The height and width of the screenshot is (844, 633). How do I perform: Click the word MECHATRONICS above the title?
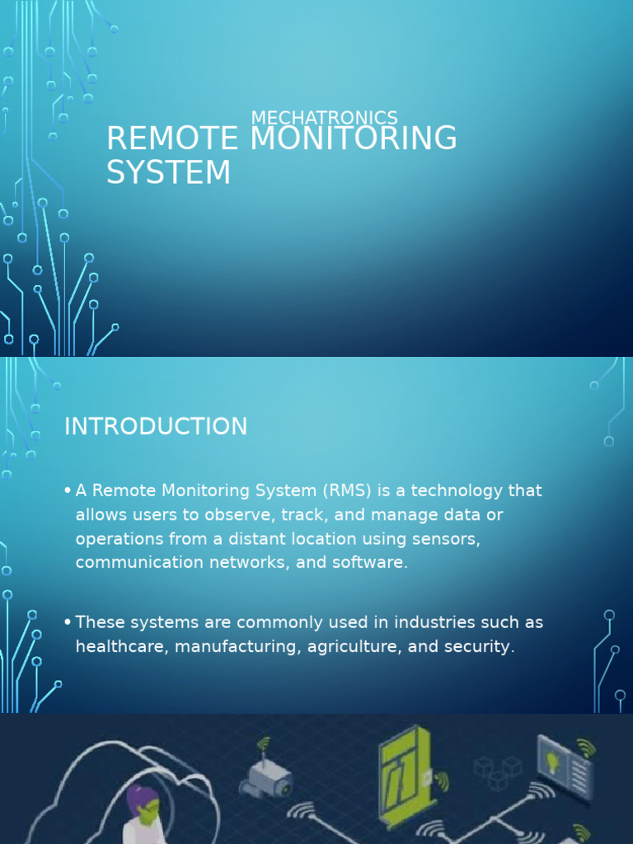point(324,118)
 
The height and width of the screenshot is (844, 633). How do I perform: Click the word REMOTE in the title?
point(172,138)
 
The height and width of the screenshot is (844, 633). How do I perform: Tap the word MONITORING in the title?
point(353,138)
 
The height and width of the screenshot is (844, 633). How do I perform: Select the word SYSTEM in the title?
point(168,172)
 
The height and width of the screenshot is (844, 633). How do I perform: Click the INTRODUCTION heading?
point(156,426)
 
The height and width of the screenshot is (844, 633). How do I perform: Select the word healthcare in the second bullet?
point(117,646)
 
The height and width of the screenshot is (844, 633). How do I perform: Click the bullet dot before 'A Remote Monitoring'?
point(67,491)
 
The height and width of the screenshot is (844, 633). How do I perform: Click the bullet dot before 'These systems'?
point(67,622)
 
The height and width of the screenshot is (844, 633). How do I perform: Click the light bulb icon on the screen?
point(553,761)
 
